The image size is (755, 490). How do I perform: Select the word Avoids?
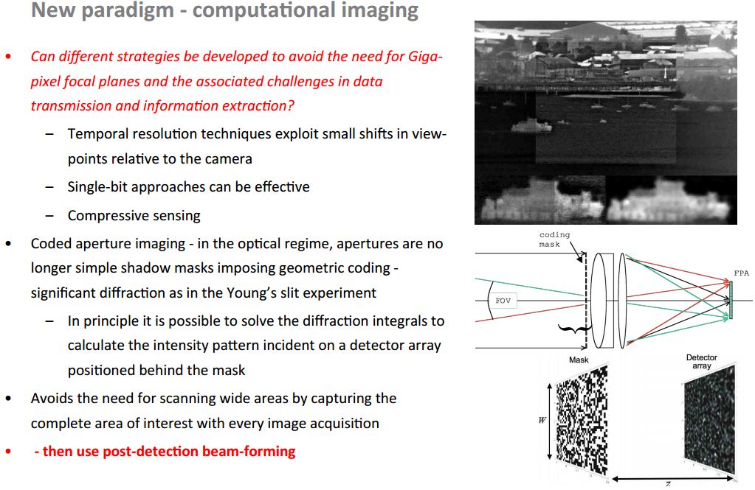pyautogui.click(x=53, y=398)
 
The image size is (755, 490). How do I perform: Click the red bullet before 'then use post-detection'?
pyautogui.click(x=8, y=451)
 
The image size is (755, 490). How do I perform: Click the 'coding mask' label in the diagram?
pyautogui.click(x=554, y=239)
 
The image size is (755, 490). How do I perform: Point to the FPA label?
pyautogui.click(x=741, y=273)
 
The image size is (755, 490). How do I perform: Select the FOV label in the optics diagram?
pyautogui.click(x=504, y=301)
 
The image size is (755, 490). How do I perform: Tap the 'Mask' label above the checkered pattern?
pyautogui.click(x=579, y=360)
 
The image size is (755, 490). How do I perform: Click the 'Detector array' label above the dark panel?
pyautogui.click(x=701, y=362)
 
